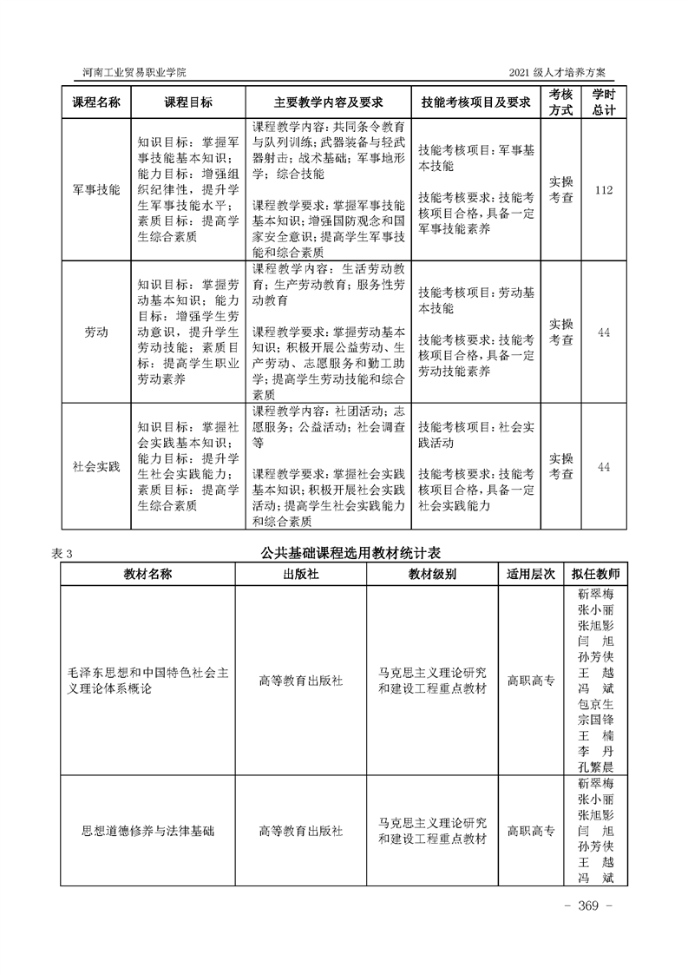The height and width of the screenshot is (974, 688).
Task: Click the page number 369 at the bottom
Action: click(589, 905)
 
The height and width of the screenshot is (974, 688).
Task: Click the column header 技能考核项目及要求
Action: click(475, 102)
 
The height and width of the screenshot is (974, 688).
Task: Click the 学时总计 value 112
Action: click(604, 188)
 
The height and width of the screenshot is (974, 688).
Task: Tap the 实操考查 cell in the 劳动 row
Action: click(561, 332)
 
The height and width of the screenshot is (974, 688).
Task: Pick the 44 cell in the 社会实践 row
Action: click(604, 466)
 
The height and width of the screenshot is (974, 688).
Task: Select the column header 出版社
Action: click(300, 575)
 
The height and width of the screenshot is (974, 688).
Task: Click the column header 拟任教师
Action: click(595, 575)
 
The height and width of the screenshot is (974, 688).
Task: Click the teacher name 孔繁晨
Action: click(595, 767)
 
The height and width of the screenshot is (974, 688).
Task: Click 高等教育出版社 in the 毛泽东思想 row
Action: click(300, 681)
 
